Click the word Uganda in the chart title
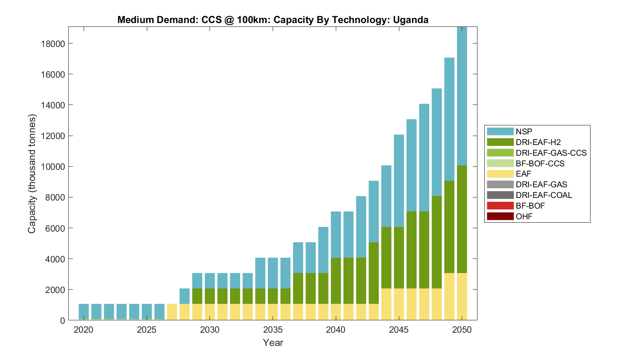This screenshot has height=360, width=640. point(410,20)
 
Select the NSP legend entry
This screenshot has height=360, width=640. point(524,131)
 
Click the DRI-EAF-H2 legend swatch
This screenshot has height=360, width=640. point(500,142)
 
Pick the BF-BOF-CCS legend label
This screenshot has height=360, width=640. point(540,163)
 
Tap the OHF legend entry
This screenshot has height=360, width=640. point(524,216)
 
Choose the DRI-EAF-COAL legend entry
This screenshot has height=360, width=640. point(544,195)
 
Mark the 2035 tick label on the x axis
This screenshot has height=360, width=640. point(273,330)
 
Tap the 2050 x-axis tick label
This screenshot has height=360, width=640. point(462,330)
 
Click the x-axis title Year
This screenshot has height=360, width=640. point(273,343)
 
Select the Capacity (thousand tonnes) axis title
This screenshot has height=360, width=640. point(32,174)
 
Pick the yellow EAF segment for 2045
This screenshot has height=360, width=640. point(399,304)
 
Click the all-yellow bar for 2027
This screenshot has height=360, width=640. point(172,312)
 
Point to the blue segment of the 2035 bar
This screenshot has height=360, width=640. point(273,273)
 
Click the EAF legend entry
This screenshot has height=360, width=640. point(524,174)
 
